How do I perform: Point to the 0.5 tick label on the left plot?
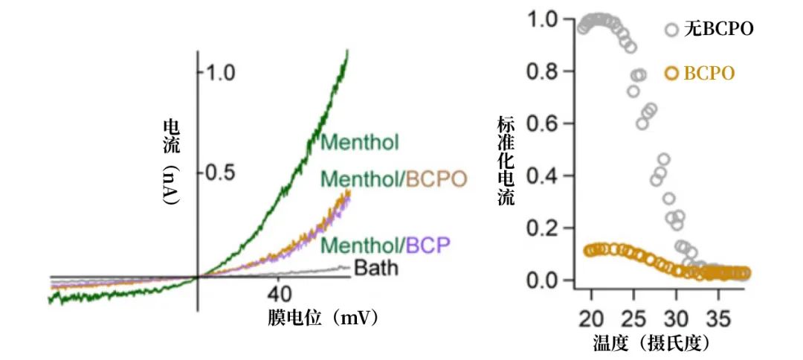(221, 173)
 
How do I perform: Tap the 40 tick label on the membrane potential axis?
(278, 292)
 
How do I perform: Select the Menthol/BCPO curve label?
(393, 179)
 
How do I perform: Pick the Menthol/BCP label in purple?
(386, 245)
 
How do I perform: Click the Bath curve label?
(375, 267)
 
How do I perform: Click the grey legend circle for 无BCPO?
(672, 30)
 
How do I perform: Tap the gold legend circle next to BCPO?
(672, 73)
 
